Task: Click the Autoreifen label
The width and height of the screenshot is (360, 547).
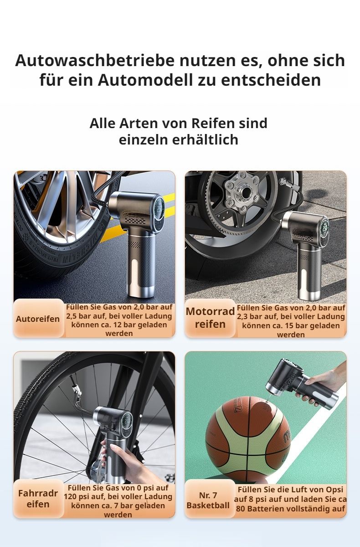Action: point(38,319)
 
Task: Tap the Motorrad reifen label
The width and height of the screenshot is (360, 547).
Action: point(210,318)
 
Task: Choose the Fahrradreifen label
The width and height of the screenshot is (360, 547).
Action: point(38,498)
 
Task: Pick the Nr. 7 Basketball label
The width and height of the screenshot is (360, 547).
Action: point(208,500)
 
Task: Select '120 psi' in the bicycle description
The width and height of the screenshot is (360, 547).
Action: point(75,496)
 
